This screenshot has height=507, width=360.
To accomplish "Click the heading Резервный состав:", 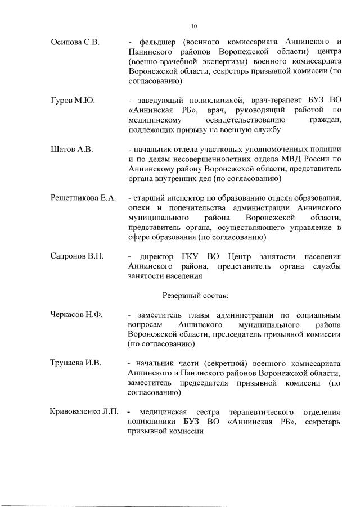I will pos(195,295).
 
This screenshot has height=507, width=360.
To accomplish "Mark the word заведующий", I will pos(160,100).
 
